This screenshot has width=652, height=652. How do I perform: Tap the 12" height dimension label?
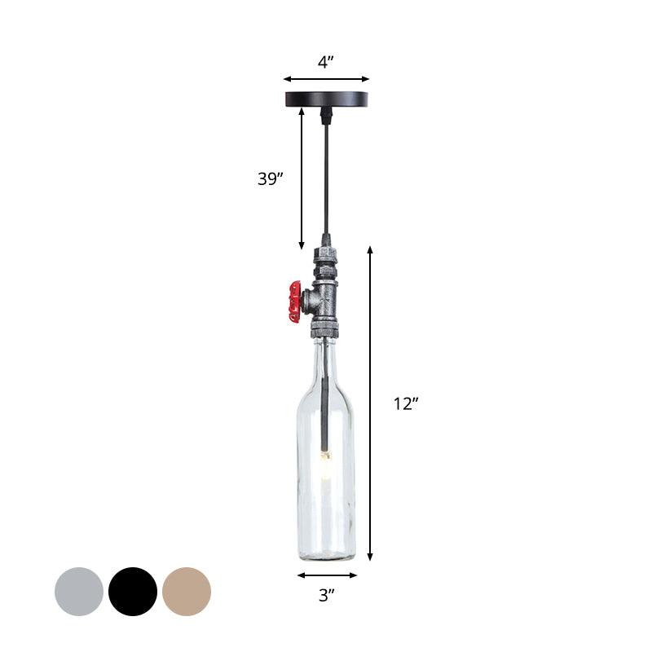pyautogui.click(x=405, y=403)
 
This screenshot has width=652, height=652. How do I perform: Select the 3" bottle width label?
pyautogui.click(x=327, y=596)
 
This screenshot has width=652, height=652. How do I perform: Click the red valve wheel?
pyautogui.click(x=295, y=302)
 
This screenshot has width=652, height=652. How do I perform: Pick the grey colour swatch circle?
pyautogui.click(x=79, y=592)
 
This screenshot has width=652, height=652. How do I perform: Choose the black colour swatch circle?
pyautogui.click(x=133, y=592)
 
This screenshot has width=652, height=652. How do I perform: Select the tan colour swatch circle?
pyautogui.click(x=187, y=592)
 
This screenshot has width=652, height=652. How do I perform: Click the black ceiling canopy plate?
pyautogui.click(x=326, y=99)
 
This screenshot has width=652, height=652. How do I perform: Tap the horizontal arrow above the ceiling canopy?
pyautogui.click(x=326, y=80)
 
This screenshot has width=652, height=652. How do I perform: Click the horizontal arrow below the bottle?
pyautogui.click(x=326, y=575)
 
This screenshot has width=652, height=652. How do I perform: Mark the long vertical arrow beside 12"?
pyautogui.click(x=370, y=403)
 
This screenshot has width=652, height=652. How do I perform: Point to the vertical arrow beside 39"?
pyautogui.click(x=302, y=179)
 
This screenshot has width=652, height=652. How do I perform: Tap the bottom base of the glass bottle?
pyautogui.click(x=326, y=554)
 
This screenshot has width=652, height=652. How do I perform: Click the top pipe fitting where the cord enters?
pyautogui.click(x=326, y=244)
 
